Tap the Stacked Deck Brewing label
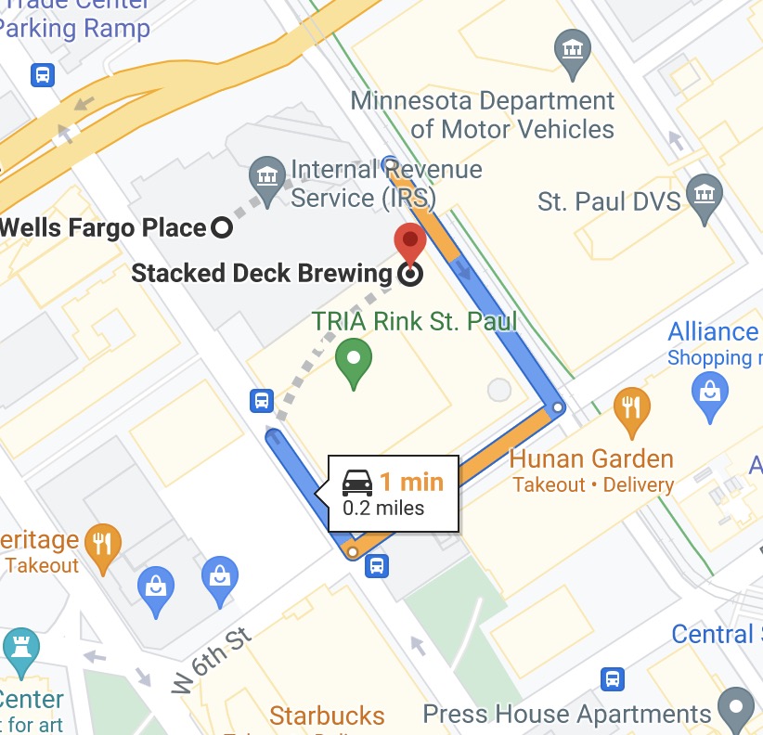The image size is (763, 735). pyautogui.click(x=262, y=274)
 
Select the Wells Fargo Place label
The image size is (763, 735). pyautogui.click(x=103, y=226)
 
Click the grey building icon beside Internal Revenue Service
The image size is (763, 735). pyautogui.click(x=267, y=176)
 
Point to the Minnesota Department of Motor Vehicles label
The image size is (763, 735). pyautogui.click(x=483, y=114)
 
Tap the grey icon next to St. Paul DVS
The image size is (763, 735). pyautogui.click(x=704, y=196)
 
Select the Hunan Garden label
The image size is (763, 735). pyautogui.click(x=591, y=458)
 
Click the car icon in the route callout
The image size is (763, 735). pyautogui.click(x=357, y=482)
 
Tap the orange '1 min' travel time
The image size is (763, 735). pyautogui.click(x=410, y=482)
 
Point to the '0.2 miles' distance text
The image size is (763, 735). pyautogui.click(x=383, y=508)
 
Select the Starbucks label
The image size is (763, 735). pyautogui.click(x=327, y=716)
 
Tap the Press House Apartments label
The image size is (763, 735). pyautogui.click(x=566, y=714)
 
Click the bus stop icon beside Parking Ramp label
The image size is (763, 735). pyautogui.click(x=42, y=75)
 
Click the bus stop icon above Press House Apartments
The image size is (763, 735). pyautogui.click(x=613, y=679)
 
